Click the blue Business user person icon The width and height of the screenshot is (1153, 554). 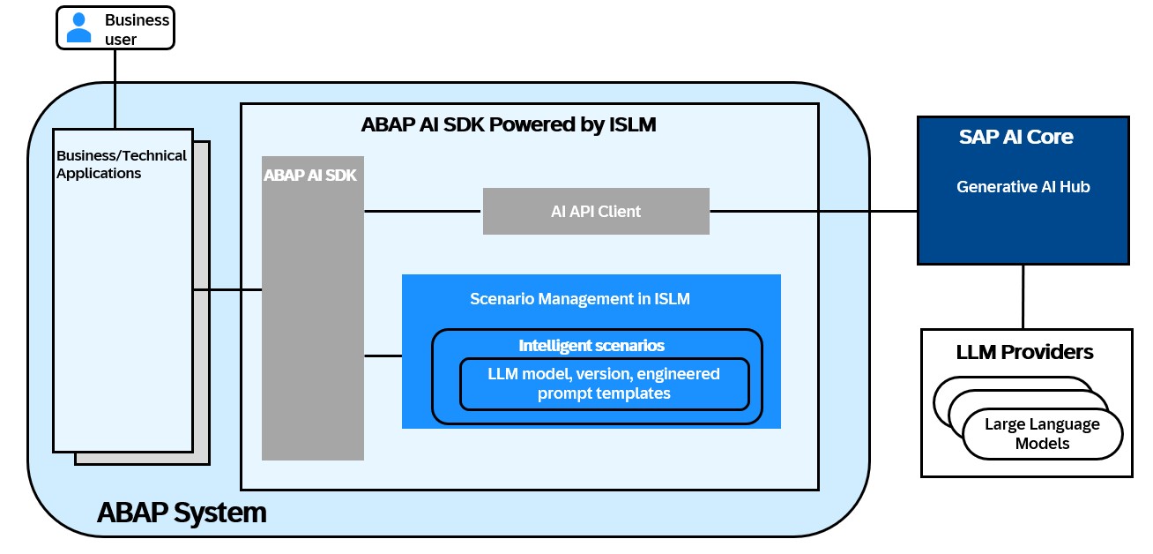tap(79, 27)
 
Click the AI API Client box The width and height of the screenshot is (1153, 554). tap(596, 211)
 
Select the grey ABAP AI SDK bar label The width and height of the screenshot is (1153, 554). tap(310, 176)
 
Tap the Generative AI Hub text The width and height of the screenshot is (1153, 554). tap(1023, 187)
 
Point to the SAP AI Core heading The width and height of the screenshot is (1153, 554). tap(1015, 138)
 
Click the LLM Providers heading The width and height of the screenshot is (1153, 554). tap(1024, 353)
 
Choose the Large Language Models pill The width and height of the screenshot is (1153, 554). tap(1042, 434)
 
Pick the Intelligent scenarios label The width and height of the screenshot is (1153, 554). tap(591, 345)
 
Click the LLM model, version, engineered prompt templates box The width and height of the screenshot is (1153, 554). tap(604, 384)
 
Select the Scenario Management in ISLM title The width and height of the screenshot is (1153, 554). tap(580, 299)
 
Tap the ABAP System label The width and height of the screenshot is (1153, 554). tap(182, 512)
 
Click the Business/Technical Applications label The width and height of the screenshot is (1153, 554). tap(121, 165)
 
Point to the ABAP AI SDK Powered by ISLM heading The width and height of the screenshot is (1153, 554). tap(509, 124)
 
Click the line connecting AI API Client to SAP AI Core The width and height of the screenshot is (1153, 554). tap(813, 211)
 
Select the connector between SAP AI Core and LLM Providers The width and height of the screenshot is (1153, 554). tap(1023, 296)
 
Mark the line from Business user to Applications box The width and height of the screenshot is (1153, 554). tap(115, 88)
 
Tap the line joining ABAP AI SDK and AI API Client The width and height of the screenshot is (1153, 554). tap(423, 211)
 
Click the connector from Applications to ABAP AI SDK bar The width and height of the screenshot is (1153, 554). tap(227, 289)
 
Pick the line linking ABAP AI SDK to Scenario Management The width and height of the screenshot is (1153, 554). tap(383, 356)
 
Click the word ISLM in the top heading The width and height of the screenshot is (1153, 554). tap(632, 124)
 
